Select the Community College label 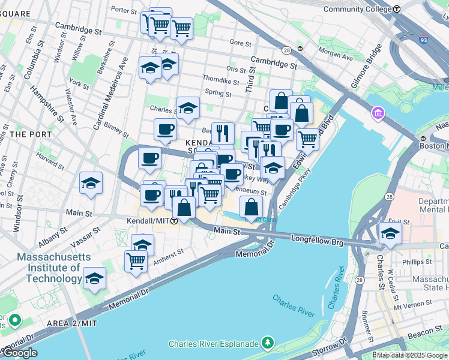[357, 9]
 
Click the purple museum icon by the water [378, 113]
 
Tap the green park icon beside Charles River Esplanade [268, 344]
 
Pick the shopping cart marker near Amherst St [136, 261]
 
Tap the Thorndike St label [220, 81]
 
